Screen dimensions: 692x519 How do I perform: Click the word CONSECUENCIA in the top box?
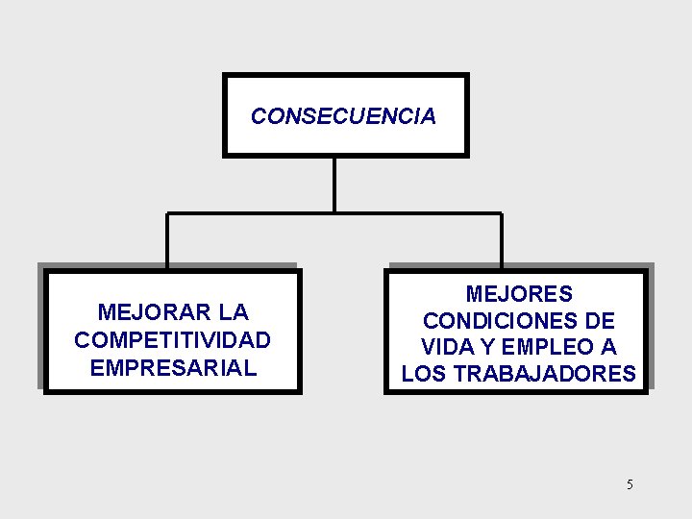[343, 117]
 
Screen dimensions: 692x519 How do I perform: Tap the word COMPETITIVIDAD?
[172, 340]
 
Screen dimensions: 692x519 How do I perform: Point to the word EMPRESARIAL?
[173, 368]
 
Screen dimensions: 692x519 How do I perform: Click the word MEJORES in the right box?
[519, 294]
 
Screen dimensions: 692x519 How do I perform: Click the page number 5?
[630, 484]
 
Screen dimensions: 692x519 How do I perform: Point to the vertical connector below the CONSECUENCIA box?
[334, 184]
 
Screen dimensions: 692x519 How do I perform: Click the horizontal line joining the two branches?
[250, 212]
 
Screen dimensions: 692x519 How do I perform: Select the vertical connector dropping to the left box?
[167, 240]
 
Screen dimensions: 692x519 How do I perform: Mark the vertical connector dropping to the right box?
[501, 240]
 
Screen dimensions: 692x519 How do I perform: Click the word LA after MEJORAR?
[234, 312]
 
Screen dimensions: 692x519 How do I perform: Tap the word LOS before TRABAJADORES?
[424, 374]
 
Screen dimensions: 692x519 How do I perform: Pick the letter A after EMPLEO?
[609, 347]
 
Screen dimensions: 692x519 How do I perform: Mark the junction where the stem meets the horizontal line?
[334, 212]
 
